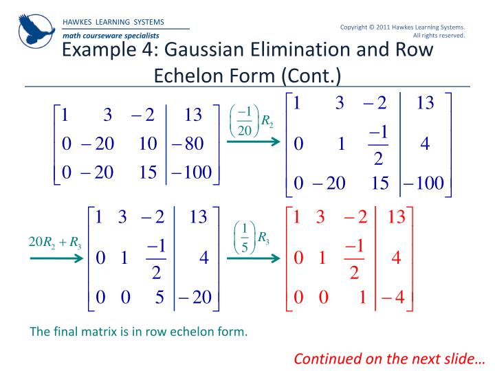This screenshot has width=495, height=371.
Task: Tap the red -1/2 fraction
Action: pos(355,258)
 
